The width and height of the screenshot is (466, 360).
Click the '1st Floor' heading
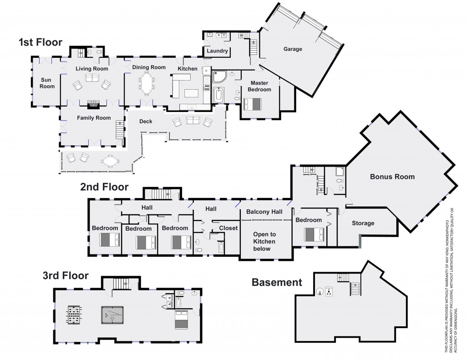click(x=40, y=43)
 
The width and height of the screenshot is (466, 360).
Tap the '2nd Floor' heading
click(x=104, y=187)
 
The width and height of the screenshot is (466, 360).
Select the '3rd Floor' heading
click(x=66, y=275)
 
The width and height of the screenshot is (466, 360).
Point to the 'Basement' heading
click(x=277, y=282)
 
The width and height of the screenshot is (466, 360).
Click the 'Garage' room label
click(x=293, y=49)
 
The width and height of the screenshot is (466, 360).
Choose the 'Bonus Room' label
click(x=392, y=177)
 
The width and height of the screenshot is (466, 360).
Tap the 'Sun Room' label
click(x=47, y=83)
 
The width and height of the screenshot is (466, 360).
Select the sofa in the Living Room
click(x=92, y=78)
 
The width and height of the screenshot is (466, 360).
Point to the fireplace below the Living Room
click(x=93, y=104)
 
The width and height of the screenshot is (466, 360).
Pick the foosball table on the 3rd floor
click(x=73, y=315)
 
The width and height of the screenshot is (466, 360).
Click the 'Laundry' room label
click(x=217, y=51)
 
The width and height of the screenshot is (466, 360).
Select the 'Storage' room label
click(x=363, y=223)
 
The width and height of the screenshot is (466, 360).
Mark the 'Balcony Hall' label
click(x=264, y=212)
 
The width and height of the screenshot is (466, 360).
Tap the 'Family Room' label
click(x=94, y=118)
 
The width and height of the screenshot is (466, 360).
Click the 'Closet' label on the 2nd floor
click(x=228, y=228)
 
